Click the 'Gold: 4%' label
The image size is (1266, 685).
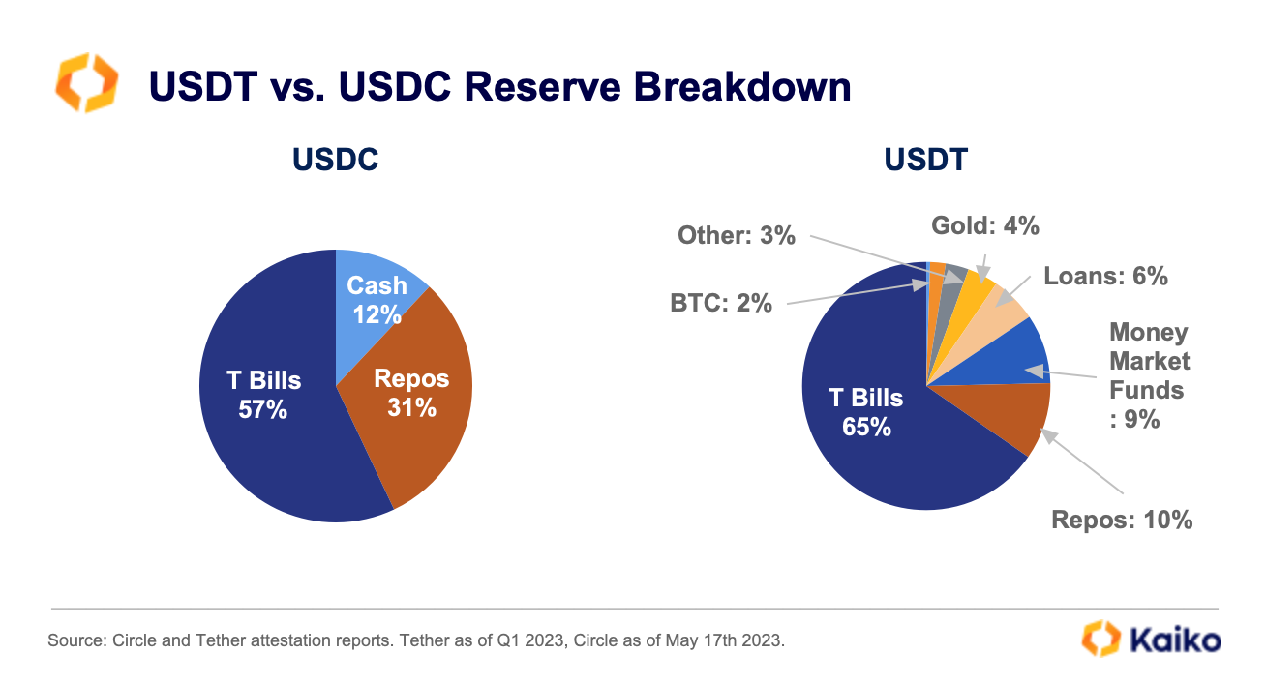pyautogui.click(x=984, y=225)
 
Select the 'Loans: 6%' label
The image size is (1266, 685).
pyautogui.click(x=1105, y=276)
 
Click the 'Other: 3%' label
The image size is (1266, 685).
pyautogui.click(x=736, y=234)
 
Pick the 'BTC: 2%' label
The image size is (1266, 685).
pyautogui.click(x=721, y=303)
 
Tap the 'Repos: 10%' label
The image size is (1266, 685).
pyautogui.click(x=1122, y=520)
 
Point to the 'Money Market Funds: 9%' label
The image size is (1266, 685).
pyautogui.click(x=1149, y=375)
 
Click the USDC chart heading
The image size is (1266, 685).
pyautogui.click(x=335, y=160)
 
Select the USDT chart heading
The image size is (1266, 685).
pyautogui.click(x=925, y=160)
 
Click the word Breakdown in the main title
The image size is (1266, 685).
pyautogui.click(x=743, y=87)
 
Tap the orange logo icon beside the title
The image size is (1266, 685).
pyautogui.click(x=87, y=83)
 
